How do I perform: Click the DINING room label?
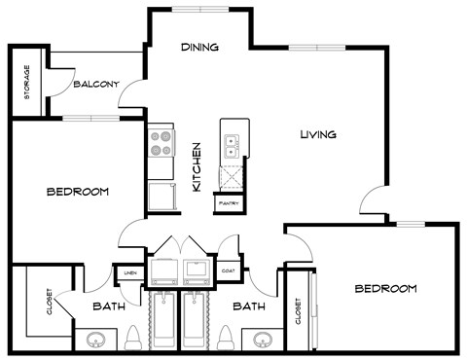(199, 47)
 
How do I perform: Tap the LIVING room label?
(317, 134)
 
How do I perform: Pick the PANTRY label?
(230, 203)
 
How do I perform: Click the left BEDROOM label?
(77, 192)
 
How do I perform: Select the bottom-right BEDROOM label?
(385, 289)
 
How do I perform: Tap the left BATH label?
(108, 306)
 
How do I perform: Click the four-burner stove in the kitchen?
(160, 143)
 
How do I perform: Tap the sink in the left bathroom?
(95, 340)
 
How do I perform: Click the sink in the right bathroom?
(263, 340)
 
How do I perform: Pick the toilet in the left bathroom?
(133, 338)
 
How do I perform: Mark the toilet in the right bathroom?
(226, 338)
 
